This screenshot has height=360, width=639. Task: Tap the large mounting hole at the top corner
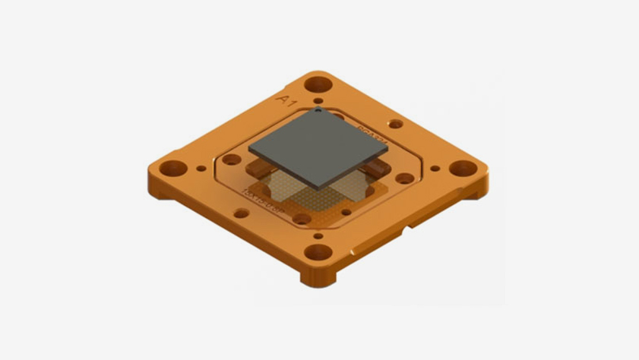[x=318, y=82]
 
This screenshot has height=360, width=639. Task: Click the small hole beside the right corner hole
[x=435, y=169]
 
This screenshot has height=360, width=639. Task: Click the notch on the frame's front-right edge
[x=410, y=226]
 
